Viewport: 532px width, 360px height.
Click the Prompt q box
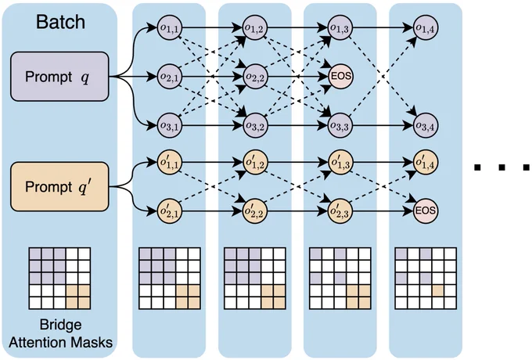click(59, 77)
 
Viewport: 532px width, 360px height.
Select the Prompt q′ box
click(59, 186)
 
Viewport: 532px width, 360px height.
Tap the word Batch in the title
click(60, 22)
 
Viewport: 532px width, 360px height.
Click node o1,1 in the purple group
click(170, 28)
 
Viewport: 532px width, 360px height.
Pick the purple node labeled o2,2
click(255, 77)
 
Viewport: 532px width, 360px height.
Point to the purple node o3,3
click(340, 125)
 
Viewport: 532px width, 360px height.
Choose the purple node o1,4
click(426, 28)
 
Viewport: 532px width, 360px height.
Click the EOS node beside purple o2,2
click(340, 77)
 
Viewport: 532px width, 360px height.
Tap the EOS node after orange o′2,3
click(426, 211)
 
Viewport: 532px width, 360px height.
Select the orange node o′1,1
click(170, 162)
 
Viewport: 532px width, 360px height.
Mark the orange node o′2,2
click(255, 211)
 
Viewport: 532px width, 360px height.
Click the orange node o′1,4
click(426, 162)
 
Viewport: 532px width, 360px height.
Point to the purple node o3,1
click(170, 125)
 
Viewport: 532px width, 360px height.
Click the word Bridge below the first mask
click(60, 325)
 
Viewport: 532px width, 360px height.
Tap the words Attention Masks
click(60, 342)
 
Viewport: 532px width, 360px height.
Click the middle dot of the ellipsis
click(502, 167)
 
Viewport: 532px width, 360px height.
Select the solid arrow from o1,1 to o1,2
click(212, 28)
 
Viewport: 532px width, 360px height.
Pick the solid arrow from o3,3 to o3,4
click(383, 125)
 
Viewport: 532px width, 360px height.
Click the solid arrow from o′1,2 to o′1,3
click(297, 162)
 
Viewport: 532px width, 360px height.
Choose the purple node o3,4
click(426, 125)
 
